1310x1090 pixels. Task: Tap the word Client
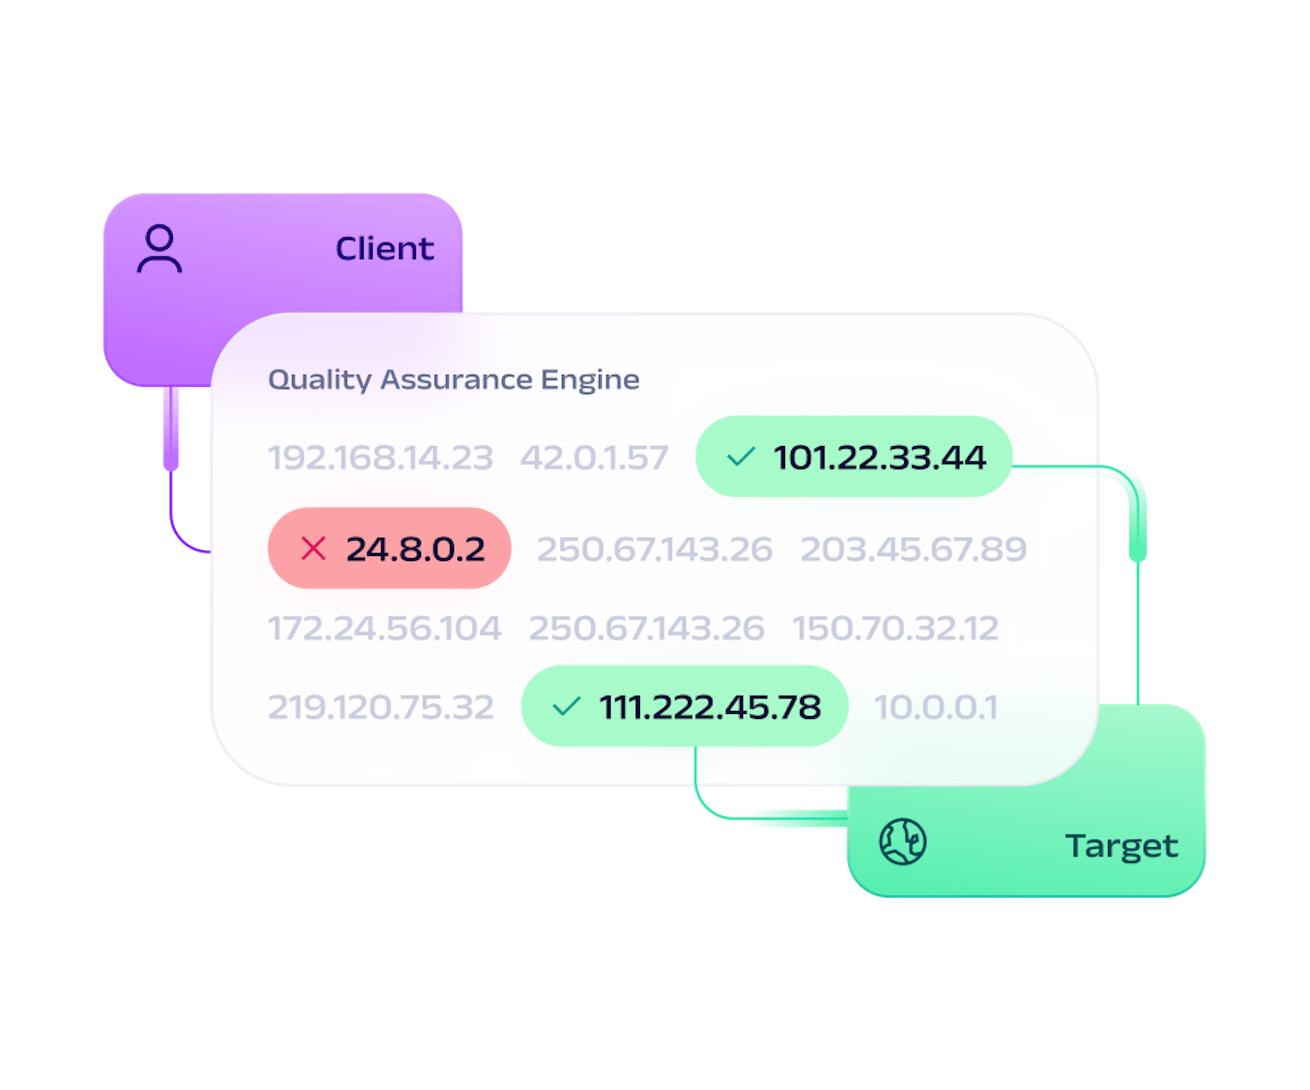pos(384,248)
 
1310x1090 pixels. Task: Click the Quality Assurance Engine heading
pos(453,379)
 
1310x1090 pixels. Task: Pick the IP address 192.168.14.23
pos(380,457)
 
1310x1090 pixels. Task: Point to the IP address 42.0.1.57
pos(594,457)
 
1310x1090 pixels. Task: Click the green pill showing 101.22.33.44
pos(853,456)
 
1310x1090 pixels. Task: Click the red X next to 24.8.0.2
pos(313,548)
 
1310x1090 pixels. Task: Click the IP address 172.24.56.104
pos(384,628)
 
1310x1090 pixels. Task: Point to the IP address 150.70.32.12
pos(895,628)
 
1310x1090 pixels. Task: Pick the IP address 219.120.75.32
pos(380,707)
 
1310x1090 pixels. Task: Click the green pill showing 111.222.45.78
pos(684,706)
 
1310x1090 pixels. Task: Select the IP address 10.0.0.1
pos(936,707)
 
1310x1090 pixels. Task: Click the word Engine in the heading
pos(590,380)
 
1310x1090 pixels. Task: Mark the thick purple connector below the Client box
pos(171,428)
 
